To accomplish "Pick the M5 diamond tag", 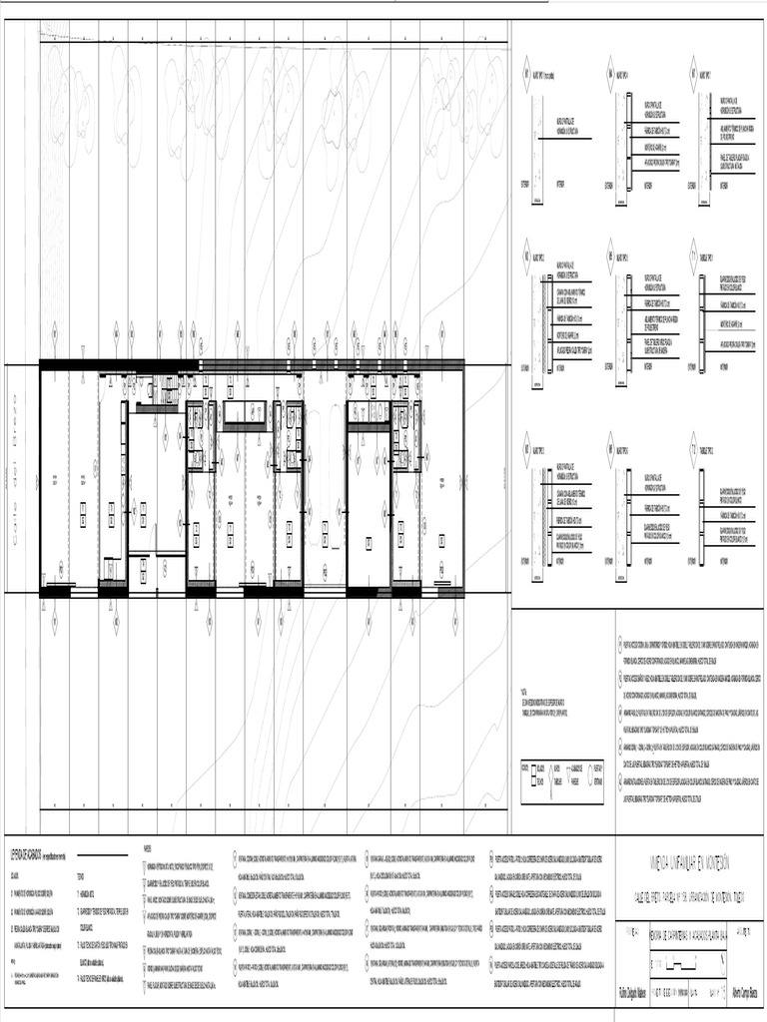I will click(610, 256).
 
